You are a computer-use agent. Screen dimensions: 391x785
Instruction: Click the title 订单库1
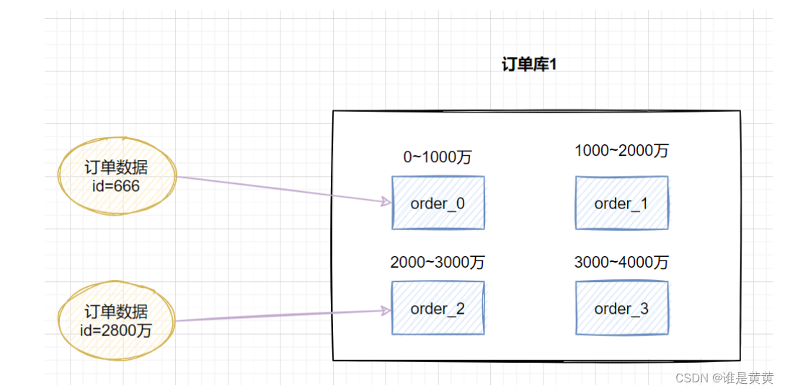(530, 65)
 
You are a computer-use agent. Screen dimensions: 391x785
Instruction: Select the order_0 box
(438, 203)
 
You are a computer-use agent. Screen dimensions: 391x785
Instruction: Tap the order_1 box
(621, 203)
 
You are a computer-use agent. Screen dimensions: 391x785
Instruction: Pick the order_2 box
(438, 309)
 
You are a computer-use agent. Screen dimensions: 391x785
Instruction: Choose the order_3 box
(621, 309)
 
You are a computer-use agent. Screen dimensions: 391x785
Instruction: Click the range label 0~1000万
(437, 157)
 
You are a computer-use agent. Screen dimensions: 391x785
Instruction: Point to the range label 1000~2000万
(621, 151)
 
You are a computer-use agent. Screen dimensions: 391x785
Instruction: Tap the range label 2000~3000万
(437, 263)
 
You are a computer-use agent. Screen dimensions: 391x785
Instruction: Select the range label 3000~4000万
(621, 263)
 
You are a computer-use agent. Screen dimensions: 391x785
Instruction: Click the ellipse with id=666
(116, 177)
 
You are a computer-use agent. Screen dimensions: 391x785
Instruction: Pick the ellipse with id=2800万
(116, 321)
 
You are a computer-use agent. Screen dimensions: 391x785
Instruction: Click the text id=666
(116, 187)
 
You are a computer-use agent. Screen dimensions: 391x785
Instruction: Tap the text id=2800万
(116, 330)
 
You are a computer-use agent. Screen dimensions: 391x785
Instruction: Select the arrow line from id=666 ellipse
(281, 189)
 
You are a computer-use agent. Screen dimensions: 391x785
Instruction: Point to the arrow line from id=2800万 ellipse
(281, 316)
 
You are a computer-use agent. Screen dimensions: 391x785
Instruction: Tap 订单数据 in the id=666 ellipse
(116, 168)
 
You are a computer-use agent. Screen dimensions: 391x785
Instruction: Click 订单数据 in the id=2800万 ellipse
(116, 312)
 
